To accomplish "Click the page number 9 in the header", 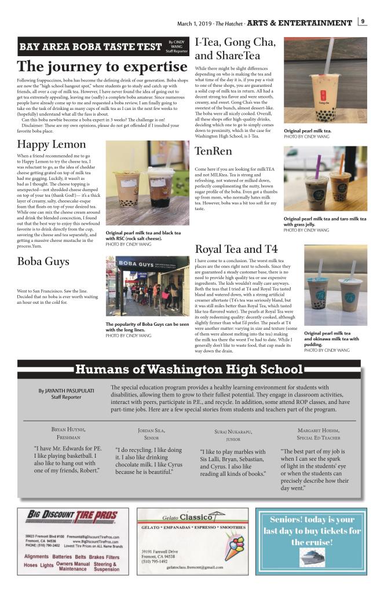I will point(363,23).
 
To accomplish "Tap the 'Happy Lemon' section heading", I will point(52,144).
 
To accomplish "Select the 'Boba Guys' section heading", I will point(44,262).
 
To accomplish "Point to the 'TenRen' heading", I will point(214,152).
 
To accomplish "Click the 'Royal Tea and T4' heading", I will point(236,249).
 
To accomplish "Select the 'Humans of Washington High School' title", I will point(189,369).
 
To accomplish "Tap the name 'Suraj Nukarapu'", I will point(233,432).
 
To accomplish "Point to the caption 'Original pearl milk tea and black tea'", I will point(143,233).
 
